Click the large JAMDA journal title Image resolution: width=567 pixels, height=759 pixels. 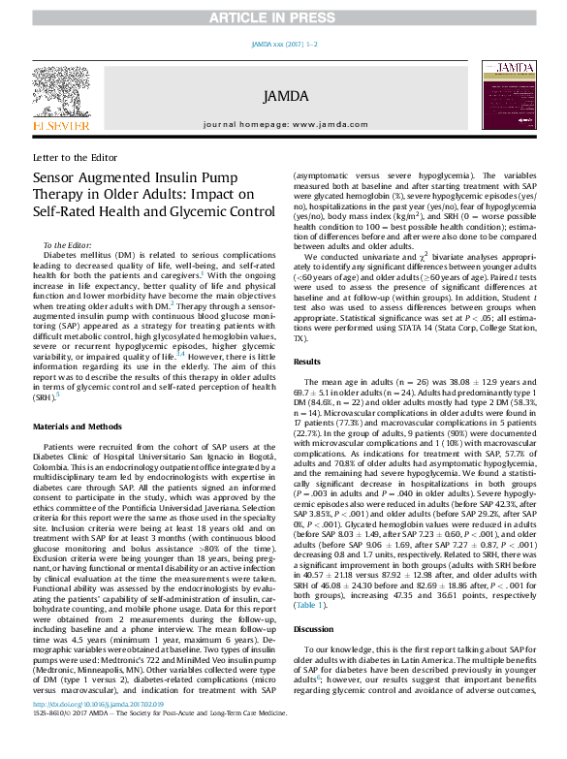[283, 96]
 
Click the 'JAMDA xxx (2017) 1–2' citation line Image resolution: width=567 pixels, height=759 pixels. [283, 45]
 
